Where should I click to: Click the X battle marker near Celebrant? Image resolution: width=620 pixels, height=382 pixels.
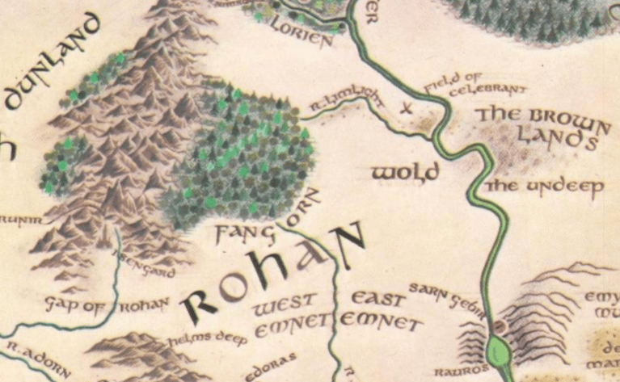click(x=407, y=106)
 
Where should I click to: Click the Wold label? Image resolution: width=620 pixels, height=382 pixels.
click(x=404, y=172)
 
